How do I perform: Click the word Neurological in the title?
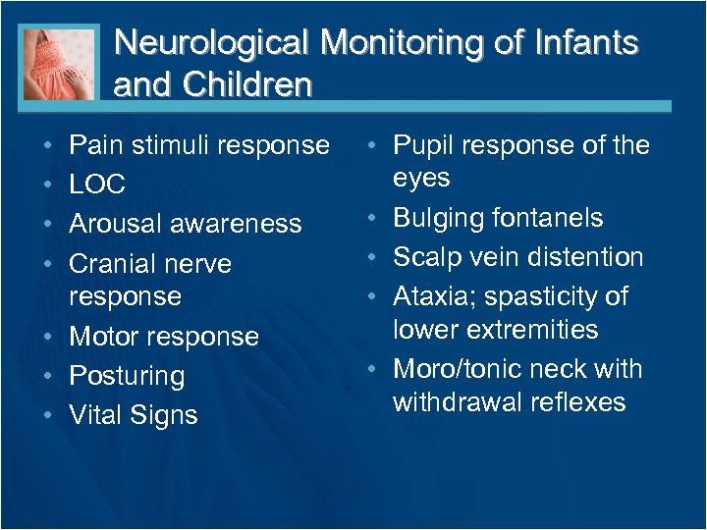213,44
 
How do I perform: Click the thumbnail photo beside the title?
59,62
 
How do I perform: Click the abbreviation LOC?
97,184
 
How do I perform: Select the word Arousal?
118,224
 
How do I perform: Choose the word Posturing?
127,376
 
